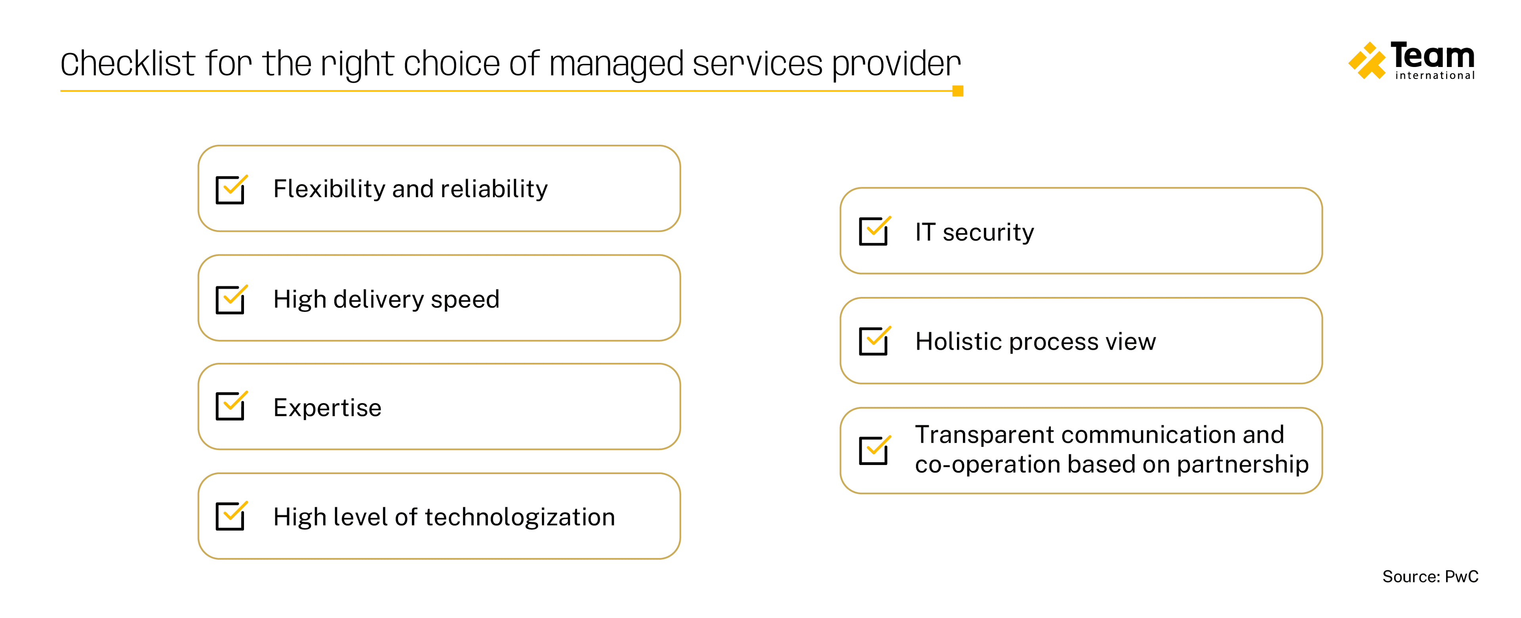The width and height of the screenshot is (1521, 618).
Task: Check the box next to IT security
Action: point(874,231)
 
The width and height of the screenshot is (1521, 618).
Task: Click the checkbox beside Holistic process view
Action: point(874,341)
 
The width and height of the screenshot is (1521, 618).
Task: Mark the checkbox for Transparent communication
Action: point(874,450)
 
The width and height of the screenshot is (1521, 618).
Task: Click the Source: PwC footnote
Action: point(1430,577)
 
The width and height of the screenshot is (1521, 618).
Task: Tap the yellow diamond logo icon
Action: point(1366,60)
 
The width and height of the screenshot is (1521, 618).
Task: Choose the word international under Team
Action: point(1435,76)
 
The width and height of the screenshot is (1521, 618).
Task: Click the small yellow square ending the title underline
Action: point(958,91)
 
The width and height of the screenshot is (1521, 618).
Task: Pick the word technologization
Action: point(520,518)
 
